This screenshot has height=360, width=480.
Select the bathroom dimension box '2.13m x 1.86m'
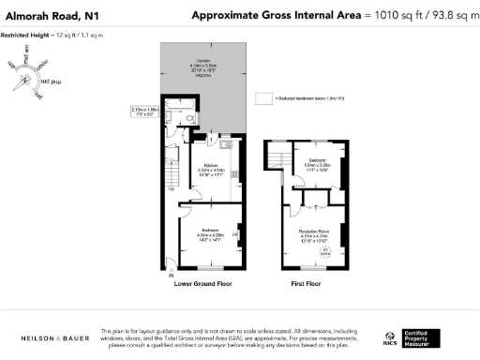pyautogui.click(x=144, y=112)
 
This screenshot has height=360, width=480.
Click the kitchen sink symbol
pyautogui.click(x=225, y=145)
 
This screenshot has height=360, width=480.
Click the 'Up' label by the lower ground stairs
pyautogui.click(x=170, y=188)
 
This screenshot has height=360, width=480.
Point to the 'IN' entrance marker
pyautogui.click(x=171, y=277)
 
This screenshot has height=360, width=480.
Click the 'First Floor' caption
pyautogui.click(x=308, y=282)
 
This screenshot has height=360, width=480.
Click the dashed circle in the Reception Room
pyautogui.click(x=326, y=251)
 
